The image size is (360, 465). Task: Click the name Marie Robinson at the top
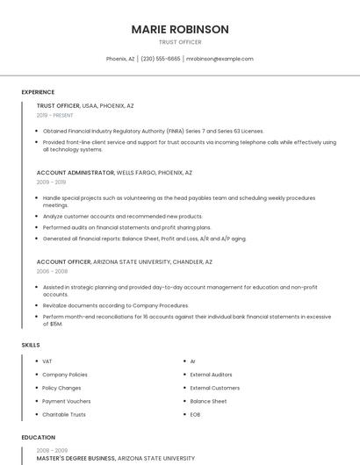pos(180,29)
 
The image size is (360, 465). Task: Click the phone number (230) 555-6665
pos(161,59)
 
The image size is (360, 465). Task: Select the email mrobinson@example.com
pos(220,59)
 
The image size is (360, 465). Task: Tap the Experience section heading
pos(38,92)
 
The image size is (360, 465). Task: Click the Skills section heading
pos(31,345)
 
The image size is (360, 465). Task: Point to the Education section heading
pos(38,437)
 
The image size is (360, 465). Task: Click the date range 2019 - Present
pos(54,115)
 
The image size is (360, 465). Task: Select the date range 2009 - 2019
pos(50,182)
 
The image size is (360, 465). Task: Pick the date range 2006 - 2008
pos(51,271)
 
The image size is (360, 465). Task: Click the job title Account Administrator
pos(76,173)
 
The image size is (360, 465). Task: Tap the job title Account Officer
pos(63,261)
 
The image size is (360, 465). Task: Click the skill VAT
pos(47,361)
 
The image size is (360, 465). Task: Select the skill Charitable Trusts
pos(63,414)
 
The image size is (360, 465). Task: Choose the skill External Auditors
pos(211,375)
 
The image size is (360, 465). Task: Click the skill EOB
pos(196,414)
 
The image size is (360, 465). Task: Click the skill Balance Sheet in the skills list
pos(208,401)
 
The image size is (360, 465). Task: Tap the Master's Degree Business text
pos(76,458)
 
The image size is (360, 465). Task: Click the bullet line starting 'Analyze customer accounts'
pos(122,216)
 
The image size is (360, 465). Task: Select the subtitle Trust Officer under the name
pos(180,42)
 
